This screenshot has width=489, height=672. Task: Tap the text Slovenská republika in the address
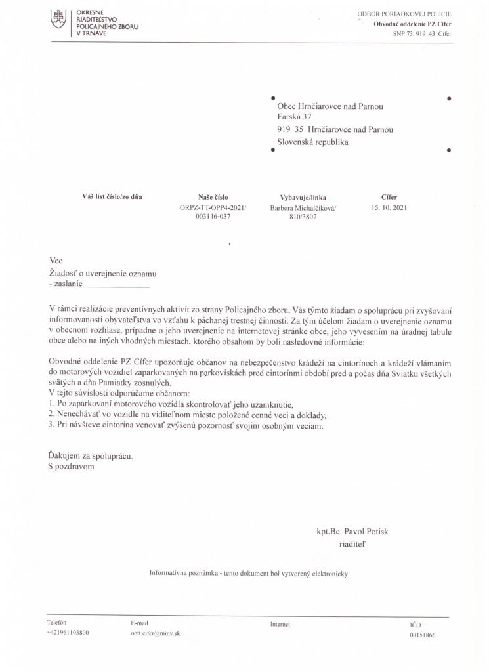(313, 142)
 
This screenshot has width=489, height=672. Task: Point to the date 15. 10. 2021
(389, 207)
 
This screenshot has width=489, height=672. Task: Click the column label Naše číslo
(212, 196)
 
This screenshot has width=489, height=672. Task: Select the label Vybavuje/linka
(303, 197)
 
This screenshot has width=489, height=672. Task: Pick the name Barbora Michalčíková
(302, 207)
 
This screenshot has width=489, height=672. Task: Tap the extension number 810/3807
(303, 217)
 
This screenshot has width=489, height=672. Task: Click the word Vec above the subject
(55, 261)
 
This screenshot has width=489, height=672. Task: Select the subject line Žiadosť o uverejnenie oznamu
(103, 273)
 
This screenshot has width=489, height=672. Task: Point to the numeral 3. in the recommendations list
(52, 426)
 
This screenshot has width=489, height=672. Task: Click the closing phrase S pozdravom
(72, 467)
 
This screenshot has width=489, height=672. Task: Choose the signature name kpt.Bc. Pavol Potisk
(356, 531)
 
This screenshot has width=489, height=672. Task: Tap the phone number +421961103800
(68, 633)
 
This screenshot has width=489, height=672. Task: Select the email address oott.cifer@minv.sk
(156, 634)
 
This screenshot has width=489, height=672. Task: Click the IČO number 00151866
(422, 635)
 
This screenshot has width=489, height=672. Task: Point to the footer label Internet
(280, 623)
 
